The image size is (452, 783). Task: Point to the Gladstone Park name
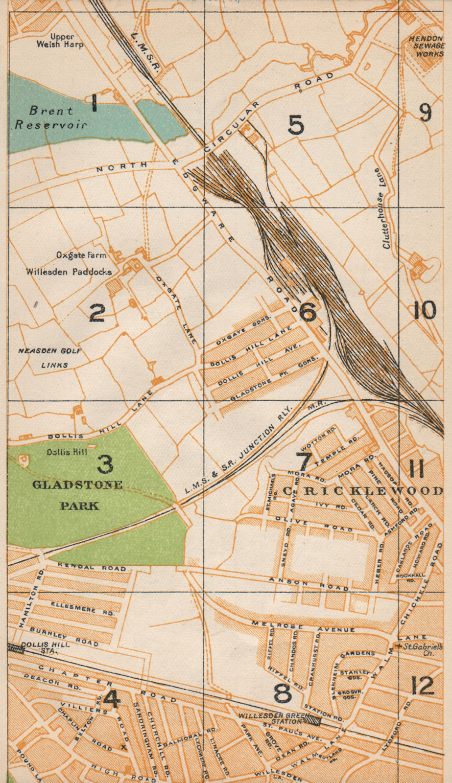[x=77, y=495]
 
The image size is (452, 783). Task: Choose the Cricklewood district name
[x=363, y=491]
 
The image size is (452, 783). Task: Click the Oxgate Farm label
[x=81, y=255]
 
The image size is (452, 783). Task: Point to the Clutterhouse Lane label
[x=382, y=208]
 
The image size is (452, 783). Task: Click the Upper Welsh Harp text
[x=60, y=41]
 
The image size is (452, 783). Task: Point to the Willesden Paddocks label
[x=69, y=272]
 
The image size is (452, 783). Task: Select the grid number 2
[x=96, y=313]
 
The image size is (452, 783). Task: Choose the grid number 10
[x=424, y=310]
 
